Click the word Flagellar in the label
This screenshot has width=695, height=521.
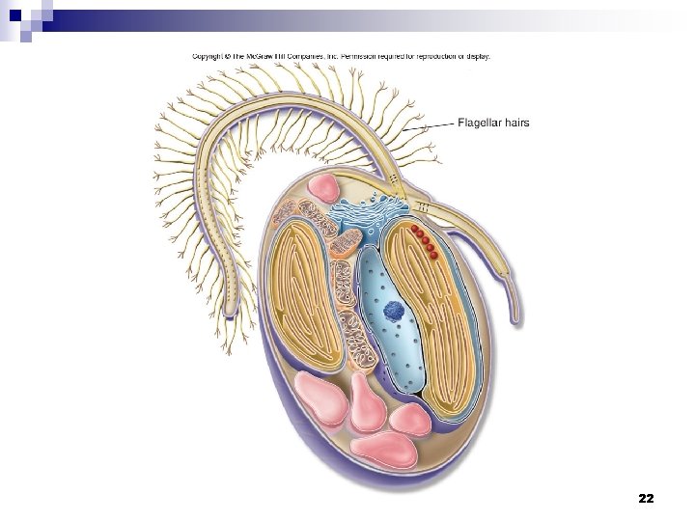(x=479, y=123)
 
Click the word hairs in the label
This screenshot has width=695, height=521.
(x=516, y=123)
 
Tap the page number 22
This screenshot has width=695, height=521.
(x=646, y=499)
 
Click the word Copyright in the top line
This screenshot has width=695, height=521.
(x=208, y=57)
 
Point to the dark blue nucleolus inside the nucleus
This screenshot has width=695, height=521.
(x=393, y=311)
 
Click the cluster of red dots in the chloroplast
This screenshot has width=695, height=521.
(x=425, y=241)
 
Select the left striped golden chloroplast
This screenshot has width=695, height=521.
(x=306, y=294)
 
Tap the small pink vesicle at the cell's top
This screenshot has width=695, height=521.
(x=325, y=186)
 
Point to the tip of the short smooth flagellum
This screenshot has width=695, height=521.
(x=514, y=323)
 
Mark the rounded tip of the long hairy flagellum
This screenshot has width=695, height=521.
(x=230, y=313)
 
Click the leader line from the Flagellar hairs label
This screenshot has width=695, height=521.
(x=429, y=126)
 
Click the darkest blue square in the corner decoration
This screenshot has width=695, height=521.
(x=15, y=16)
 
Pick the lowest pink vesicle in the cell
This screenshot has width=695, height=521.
(x=384, y=449)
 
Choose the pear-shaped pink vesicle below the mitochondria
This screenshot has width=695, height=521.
(x=366, y=402)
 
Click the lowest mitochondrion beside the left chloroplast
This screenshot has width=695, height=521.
(x=357, y=339)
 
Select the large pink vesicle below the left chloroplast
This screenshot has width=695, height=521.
(x=320, y=398)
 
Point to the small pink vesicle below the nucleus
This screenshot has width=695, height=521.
(x=410, y=420)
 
